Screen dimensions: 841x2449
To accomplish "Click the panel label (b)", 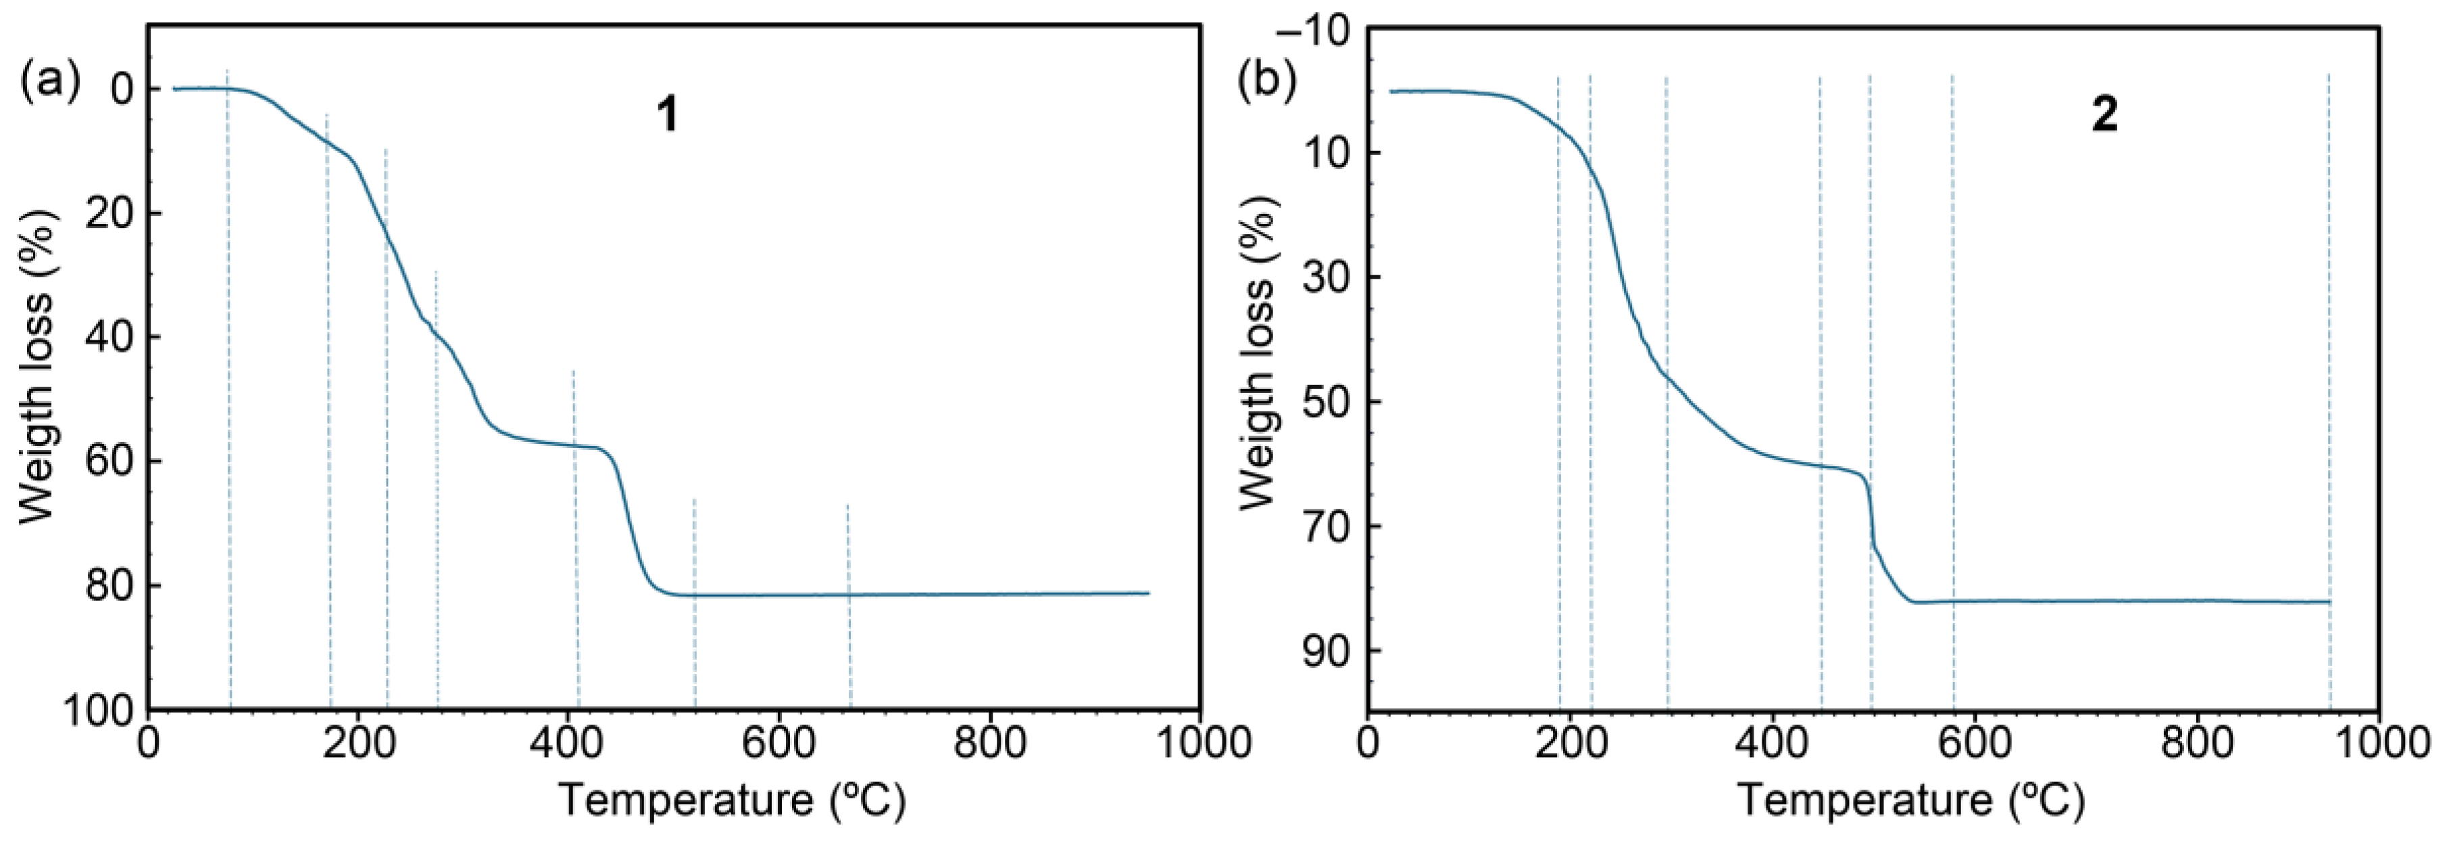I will click(x=1266, y=83).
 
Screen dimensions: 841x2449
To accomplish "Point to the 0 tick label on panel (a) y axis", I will click(x=122, y=91).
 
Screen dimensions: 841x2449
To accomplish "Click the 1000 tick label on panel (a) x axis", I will click(x=1199, y=743).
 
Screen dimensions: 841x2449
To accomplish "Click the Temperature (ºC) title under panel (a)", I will click(x=731, y=800).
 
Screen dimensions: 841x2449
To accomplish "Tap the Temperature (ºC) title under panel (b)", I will click(x=1911, y=800).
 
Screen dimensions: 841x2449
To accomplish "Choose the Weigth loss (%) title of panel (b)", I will click(x=1257, y=354).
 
